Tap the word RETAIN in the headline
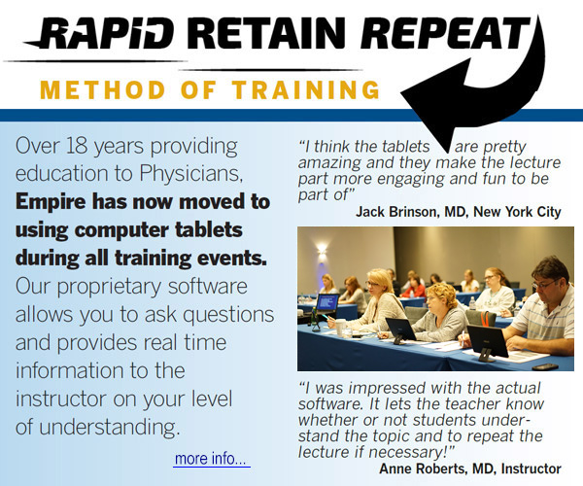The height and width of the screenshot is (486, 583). (266, 33)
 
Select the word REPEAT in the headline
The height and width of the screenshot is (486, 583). (445, 33)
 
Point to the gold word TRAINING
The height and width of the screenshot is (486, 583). (306, 89)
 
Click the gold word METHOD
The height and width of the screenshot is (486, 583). (103, 89)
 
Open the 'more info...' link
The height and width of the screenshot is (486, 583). (211, 459)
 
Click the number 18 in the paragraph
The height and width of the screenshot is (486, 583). (77, 146)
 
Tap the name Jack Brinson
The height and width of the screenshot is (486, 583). (397, 212)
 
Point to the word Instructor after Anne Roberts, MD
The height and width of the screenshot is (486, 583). (531, 469)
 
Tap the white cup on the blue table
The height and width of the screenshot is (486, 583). (340, 328)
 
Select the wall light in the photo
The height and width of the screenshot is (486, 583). (322, 249)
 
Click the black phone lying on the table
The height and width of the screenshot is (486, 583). (545, 366)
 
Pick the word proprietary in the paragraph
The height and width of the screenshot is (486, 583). (109, 288)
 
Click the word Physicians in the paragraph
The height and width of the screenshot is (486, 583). (191, 174)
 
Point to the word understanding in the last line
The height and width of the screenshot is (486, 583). (109, 428)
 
